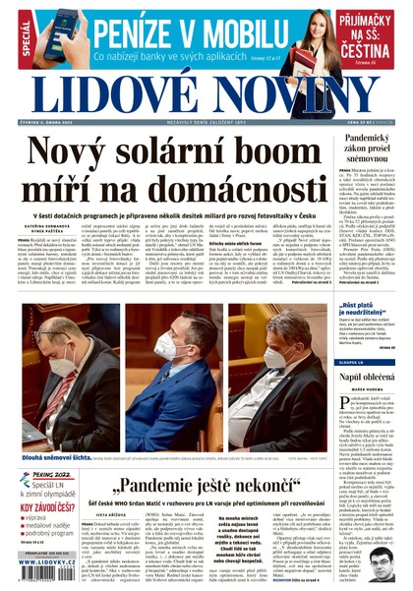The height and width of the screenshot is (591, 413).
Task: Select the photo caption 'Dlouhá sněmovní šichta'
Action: [x=42, y=428]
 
